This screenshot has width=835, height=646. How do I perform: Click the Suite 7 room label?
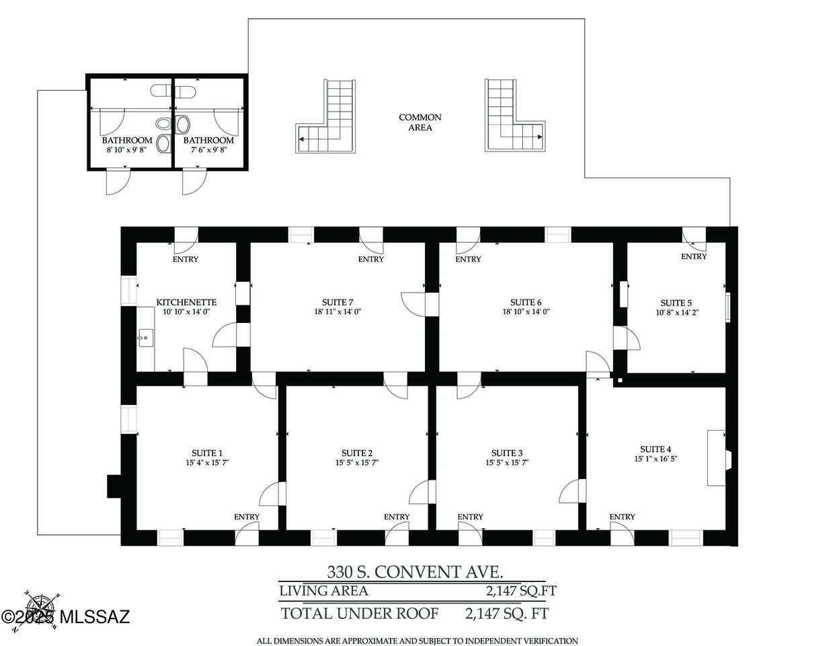(337, 302)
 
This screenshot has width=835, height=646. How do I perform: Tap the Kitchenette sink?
(146, 338)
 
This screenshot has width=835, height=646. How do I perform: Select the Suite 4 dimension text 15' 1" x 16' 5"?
(655, 459)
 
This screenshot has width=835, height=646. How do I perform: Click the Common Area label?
(420, 122)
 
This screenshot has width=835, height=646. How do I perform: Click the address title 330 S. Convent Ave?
(415, 572)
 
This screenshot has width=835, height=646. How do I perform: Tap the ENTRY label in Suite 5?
(694, 256)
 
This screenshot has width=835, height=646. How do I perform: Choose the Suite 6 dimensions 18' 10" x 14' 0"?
(526, 312)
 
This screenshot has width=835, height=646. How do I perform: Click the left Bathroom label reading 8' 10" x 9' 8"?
(127, 145)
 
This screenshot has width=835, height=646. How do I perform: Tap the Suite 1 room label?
(206, 454)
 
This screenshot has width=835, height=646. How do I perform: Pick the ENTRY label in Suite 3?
(470, 517)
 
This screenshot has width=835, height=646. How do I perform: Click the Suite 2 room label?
(357, 454)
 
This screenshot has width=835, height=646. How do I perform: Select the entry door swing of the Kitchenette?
(186, 241)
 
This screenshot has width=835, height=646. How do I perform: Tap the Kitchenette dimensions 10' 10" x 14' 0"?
(186, 312)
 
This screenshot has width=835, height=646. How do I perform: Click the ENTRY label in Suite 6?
(468, 260)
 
